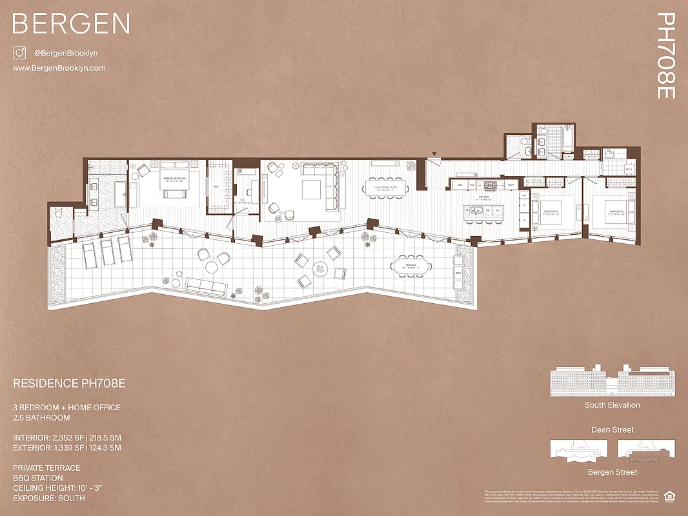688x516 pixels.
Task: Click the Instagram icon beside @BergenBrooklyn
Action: point(19,54)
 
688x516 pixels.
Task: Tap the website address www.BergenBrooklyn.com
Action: point(59,68)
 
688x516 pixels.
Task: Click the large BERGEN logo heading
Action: point(71,24)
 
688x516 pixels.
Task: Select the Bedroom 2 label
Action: point(551,213)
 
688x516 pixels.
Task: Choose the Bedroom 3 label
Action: point(615,212)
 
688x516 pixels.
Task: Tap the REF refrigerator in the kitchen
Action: point(460,185)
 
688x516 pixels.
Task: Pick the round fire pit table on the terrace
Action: point(321,268)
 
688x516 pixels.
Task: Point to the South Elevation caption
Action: point(612,405)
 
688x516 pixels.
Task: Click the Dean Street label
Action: point(612,430)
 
